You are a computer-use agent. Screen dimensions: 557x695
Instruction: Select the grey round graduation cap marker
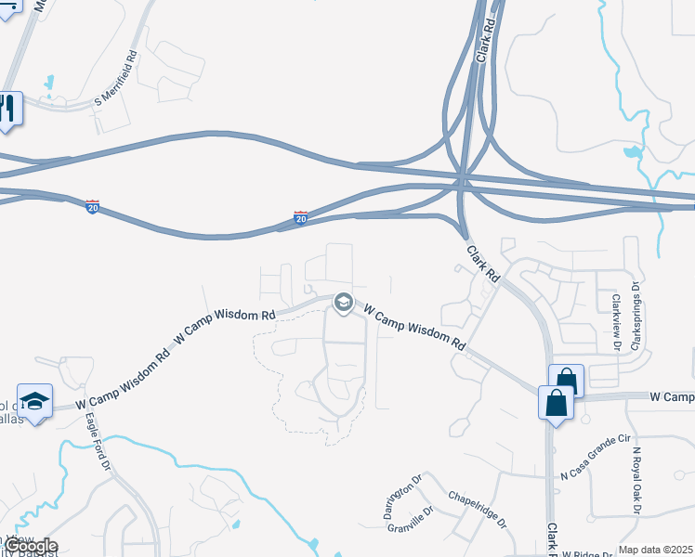pyautogui.click(x=343, y=302)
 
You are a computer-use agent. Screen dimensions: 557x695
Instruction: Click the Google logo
pyautogui.click(x=30, y=546)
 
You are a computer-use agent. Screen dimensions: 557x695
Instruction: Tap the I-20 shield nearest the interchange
pyautogui.click(x=300, y=217)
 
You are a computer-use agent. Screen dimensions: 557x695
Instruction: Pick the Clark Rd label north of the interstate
pyautogui.click(x=484, y=45)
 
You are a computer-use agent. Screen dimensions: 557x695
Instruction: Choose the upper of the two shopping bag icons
pyautogui.click(x=567, y=380)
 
